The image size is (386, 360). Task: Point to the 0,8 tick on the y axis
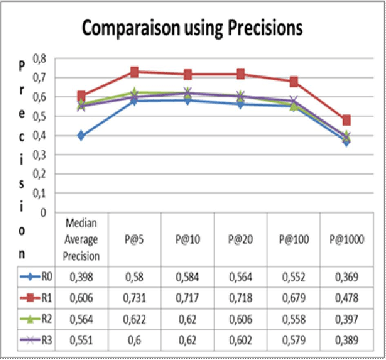pos(40,58)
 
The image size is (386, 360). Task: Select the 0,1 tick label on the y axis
pos(40,193)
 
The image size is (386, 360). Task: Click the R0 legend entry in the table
pos(36,277)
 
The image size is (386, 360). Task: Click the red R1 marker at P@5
pos(134,72)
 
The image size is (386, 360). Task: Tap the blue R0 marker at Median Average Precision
pos(81,135)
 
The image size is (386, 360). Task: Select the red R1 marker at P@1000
pos(346,120)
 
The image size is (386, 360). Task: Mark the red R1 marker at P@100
pos(293,81)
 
